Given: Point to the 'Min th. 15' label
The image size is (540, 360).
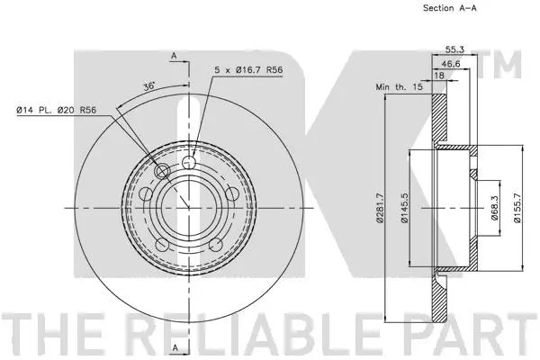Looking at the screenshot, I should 397,88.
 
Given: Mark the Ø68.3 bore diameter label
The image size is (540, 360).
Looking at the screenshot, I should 496,216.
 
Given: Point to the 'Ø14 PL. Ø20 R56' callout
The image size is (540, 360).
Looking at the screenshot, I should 56,111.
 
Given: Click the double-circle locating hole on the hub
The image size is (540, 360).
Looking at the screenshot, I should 163,171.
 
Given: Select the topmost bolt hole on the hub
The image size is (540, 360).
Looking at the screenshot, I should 189,162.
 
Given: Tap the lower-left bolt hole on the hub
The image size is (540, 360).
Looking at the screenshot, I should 163,244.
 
